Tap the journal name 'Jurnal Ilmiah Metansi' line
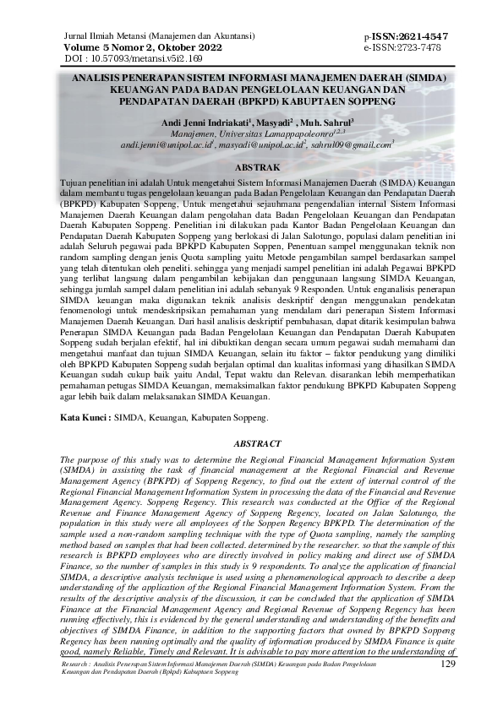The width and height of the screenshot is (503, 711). click(x=151, y=38)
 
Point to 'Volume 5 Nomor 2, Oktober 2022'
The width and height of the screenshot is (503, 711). click(x=142, y=49)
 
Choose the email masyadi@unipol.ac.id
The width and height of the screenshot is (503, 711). click(x=263, y=145)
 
